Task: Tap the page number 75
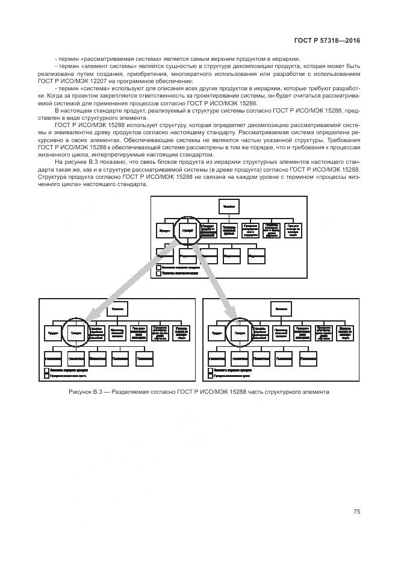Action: click(x=356, y=511)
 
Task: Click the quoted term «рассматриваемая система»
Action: click(x=117, y=58)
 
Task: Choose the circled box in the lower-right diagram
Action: click(x=239, y=332)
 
